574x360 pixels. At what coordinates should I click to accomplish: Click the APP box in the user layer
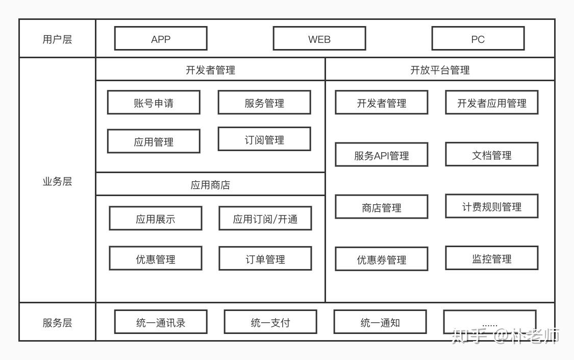pyautogui.click(x=161, y=39)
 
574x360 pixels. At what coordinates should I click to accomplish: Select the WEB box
pyautogui.click(x=319, y=39)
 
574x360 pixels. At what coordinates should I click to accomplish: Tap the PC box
pyautogui.click(x=478, y=39)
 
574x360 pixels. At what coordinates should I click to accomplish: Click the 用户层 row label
pyautogui.click(x=57, y=39)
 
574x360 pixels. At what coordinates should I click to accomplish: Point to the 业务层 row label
pyautogui.click(x=57, y=181)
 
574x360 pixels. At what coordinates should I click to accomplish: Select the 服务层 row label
pyautogui.click(x=57, y=323)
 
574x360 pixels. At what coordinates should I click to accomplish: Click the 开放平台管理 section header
pyautogui.click(x=440, y=70)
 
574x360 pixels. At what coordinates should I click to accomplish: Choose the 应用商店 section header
pyautogui.click(x=210, y=184)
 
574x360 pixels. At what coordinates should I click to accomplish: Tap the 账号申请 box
pyautogui.click(x=154, y=103)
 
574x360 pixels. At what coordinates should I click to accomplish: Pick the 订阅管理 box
pyautogui.click(x=264, y=139)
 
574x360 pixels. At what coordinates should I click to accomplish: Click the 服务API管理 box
pyautogui.click(x=382, y=155)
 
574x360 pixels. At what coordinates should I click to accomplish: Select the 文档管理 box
pyautogui.click(x=492, y=155)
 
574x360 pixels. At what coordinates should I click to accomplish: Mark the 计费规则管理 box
pyautogui.click(x=492, y=206)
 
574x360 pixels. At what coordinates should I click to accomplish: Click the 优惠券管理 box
pyautogui.click(x=382, y=259)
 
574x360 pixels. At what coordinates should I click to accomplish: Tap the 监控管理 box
pyautogui.click(x=492, y=258)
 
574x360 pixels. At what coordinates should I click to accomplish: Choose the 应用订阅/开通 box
pyautogui.click(x=265, y=219)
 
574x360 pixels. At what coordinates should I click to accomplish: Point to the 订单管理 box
pyautogui.click(x=265, y=259)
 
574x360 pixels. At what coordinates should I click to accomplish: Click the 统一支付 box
pyautogui.click(x=270, y=322)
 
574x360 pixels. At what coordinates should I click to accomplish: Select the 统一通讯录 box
pyautogui.click(x=161, y=322)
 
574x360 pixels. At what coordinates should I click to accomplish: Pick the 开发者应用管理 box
pyautogui.click(x=492, y=103)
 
